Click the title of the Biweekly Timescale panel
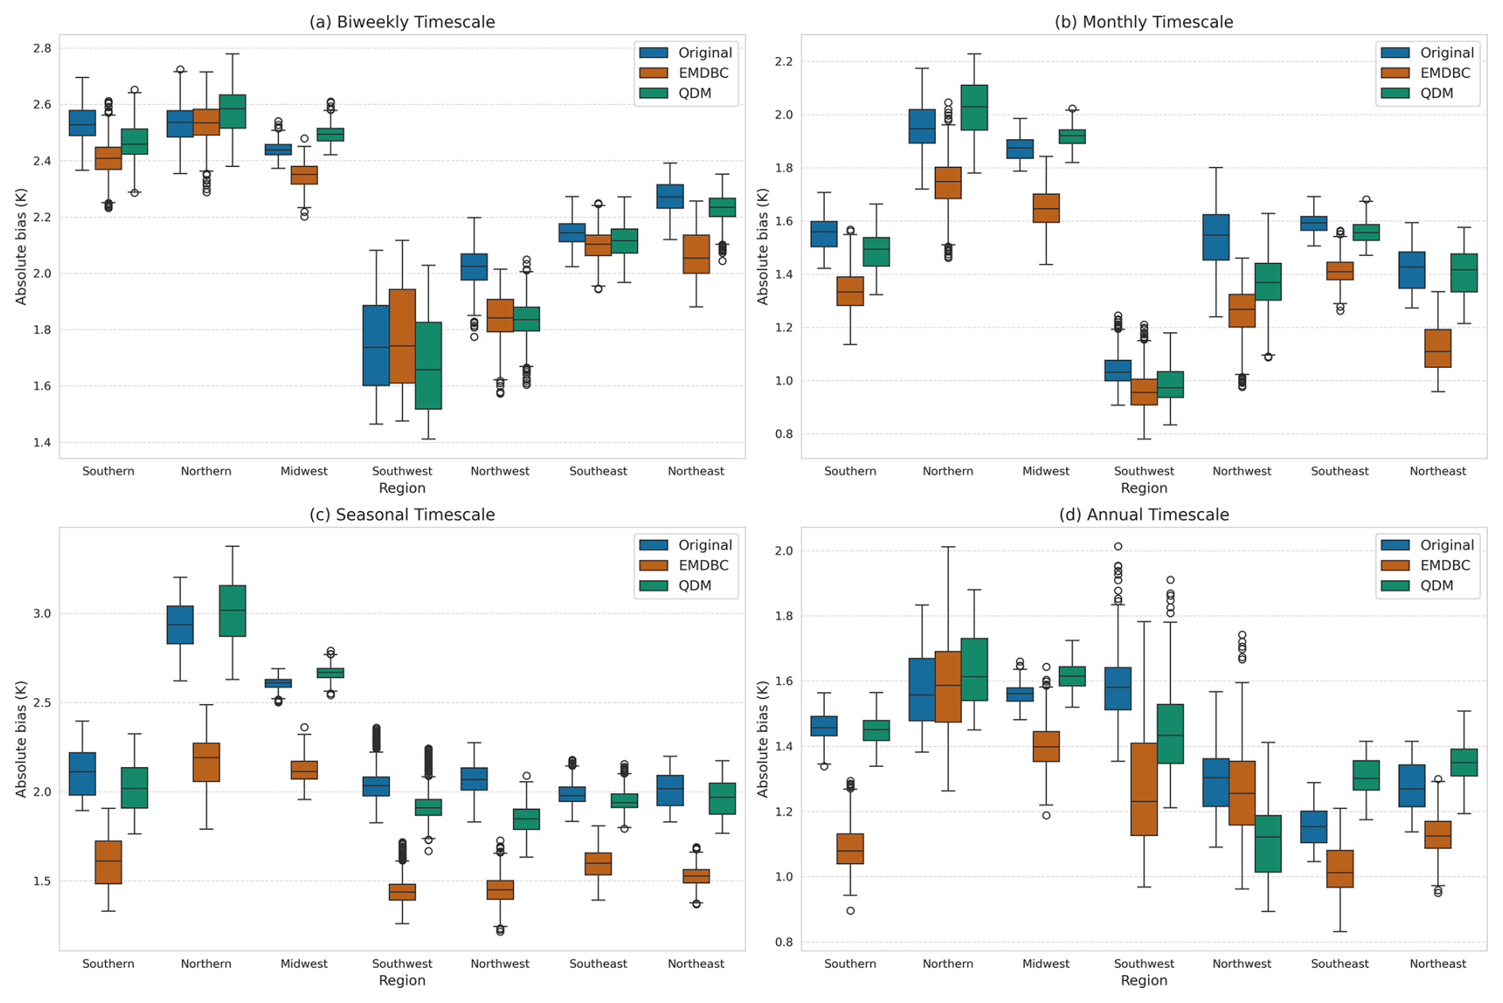tap(402, 22)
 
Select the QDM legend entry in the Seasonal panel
tap(694, 586)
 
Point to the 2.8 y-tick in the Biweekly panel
tap(42, 48)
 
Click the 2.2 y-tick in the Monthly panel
tap(784, 62)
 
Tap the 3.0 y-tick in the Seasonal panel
tap(42, 614)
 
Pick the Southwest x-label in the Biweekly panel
tap(402, 471)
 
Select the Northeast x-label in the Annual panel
tap(1437, 964)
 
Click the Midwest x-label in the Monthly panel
tap(1045, 471)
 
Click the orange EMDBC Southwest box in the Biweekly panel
tap(402, 336)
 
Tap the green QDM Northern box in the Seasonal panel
tap(232, 610)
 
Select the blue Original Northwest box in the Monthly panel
tap(1215, 237)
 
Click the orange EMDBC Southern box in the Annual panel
tap(850, 849)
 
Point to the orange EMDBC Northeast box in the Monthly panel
tap(1437, 348)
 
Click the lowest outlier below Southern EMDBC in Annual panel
tap(850, 911)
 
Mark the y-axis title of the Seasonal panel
tap(21, 739)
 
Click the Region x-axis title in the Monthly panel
tap(1143, 488)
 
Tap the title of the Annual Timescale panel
tap(1143, 515)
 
